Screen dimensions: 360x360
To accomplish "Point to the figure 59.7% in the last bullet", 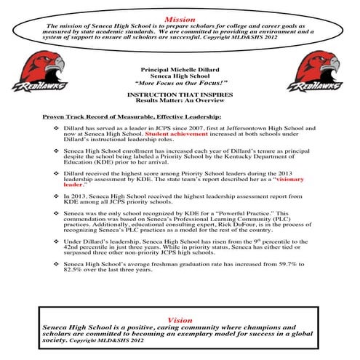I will click(300, 263).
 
